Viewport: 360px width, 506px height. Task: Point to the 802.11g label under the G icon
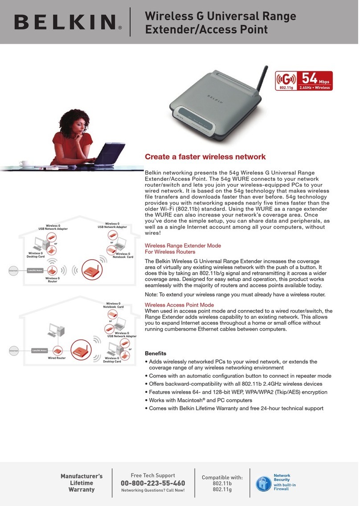pyautogui.click(x=286, y=88)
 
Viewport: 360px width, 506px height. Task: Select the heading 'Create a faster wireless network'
pyautogui.click(x=205, y=157)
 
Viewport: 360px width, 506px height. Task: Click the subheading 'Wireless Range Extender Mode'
pyautogui.click(x=183, y=246)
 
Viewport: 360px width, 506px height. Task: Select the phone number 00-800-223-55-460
pyautogui.click(x=153, y=483)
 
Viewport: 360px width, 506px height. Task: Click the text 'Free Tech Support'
pyautogui.click(x=153, y=475)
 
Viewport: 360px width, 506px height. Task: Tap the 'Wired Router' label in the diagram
pyautogui.click(x=57, y=358)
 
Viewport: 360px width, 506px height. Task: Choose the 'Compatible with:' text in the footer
pyautogui.click(x=222, y=477)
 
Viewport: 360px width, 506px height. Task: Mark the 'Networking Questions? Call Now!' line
pyautogui.click(x=153, y=491)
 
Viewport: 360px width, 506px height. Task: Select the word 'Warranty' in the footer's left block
pyautogui.click(x=81, y=490)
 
